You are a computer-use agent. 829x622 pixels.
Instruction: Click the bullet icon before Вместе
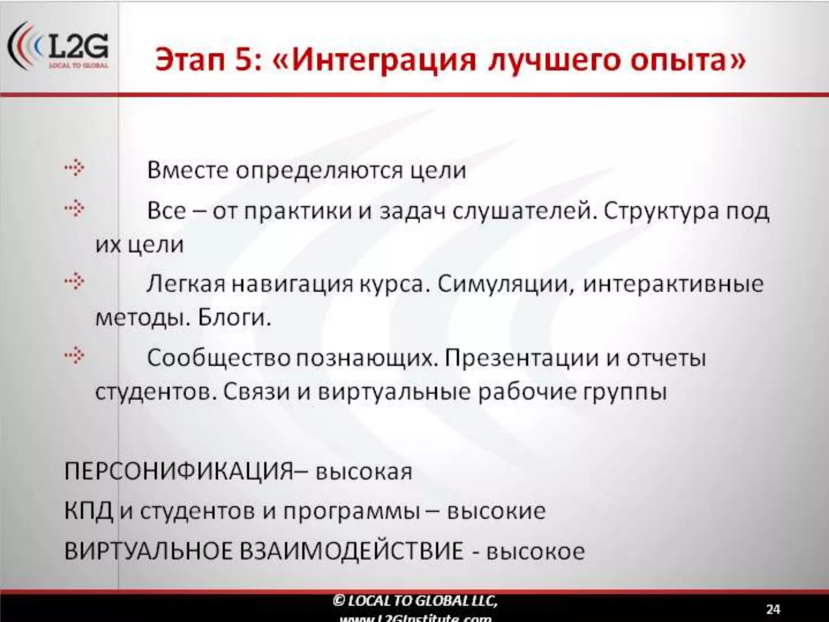[75, 168]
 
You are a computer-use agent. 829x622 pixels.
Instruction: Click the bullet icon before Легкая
[75, 282]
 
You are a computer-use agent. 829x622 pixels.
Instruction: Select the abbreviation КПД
[88, 511]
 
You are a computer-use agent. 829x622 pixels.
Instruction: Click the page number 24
[773, 609]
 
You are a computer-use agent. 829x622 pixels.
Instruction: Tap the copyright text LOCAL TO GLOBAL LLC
[415, 600]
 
